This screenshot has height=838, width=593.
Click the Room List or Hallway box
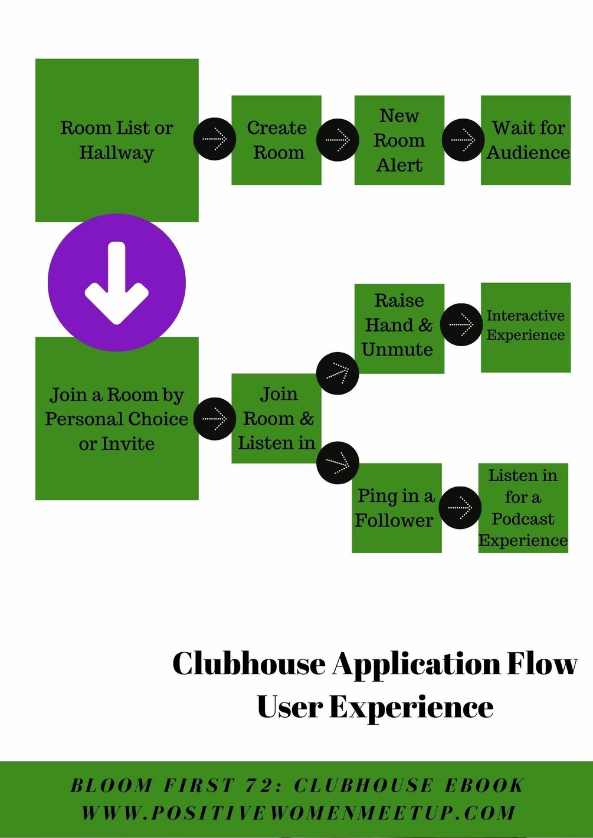click(117, 140)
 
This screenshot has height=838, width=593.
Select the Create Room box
click(276, 140)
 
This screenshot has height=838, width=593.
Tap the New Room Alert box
click(399, 140)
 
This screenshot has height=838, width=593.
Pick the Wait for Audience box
click(526, 140)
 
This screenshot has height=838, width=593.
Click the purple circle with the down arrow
click(117, 282)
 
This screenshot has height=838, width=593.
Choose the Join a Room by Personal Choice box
click(117, 418)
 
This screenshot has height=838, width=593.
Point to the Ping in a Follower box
click(397, 508)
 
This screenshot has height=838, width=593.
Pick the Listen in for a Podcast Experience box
click(523, 508)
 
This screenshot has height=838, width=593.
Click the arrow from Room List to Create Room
click(215, 139)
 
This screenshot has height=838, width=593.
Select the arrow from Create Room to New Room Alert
click(338, 140)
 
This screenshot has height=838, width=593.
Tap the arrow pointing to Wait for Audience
click(463, 140)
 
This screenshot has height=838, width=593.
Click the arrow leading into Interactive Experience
click(461, 324)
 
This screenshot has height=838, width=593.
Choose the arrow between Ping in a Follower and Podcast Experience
click(460, 508)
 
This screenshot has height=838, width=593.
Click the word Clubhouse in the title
click(248, 663)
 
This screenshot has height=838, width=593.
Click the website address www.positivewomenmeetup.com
click(298, 813)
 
